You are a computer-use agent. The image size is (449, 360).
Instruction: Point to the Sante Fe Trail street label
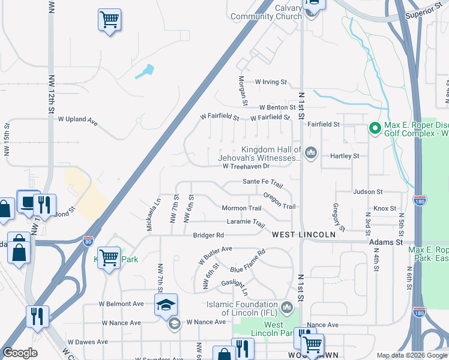(x=262, y=181)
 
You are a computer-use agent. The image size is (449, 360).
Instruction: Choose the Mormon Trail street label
(x=241, y=208)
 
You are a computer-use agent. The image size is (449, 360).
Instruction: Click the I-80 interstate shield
(x=88, y=241)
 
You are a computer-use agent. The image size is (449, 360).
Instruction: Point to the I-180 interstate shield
(x=420, y=200)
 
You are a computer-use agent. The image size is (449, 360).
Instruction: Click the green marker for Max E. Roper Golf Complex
(x=375, y=128)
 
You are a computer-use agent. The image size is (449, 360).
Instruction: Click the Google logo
(x=20, y=353)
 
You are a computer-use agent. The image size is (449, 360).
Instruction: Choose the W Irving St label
(x=271, y=82)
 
